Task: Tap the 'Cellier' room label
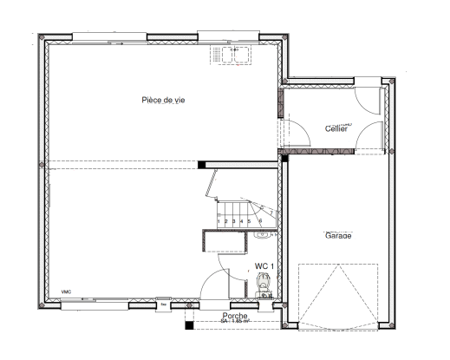[x=336, y=128]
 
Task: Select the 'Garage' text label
[x=338, y=235]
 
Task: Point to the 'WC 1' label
[x=264, y=266]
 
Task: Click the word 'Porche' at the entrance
[x=235, y=316]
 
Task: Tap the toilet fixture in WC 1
[x=264, y=283]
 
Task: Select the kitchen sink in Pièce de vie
[x=234, y=54]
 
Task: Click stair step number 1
[x=218, y=222]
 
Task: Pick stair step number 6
[x=261, y=220]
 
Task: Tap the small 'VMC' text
[x=66, y=292]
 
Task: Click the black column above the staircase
[x=201, y=163]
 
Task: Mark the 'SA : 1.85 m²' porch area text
[x=235, y=322]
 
